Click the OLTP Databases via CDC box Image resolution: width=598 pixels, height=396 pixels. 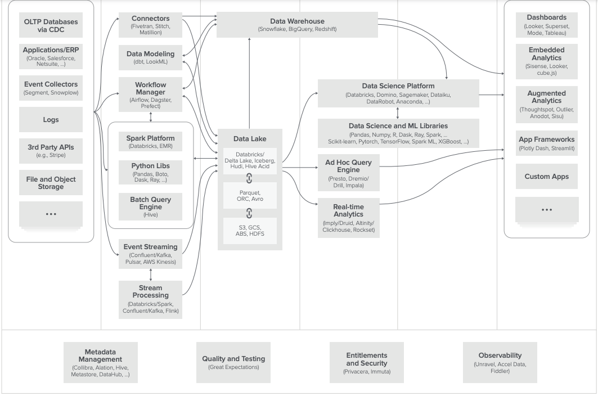coord(51,25)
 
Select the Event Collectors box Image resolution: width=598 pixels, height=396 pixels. coord(51,88)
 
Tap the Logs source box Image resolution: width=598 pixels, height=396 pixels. coord(51,119)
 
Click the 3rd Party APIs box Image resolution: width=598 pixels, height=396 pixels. coord(51,151)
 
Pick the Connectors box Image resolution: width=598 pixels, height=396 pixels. coord(150,25)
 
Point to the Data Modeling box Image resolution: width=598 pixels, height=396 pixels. coord(150,57)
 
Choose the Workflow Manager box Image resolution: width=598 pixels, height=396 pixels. coord(150,94)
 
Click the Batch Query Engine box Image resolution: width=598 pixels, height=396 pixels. coord(150,206)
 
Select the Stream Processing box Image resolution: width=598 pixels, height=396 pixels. coord(150,299)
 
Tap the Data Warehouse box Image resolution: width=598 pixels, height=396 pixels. coord(297,25)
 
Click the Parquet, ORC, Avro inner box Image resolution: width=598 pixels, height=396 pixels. coord(250,196)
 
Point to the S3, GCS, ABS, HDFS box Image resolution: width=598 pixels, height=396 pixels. coord(250,231)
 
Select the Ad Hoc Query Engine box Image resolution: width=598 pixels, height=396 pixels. coord(349,173)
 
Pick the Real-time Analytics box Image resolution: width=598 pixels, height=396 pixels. coord(349,218)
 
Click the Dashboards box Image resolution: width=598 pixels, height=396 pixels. coord(546,25)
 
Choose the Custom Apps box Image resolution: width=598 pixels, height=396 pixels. coord(546,176)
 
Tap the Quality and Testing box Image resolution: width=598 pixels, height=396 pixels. coord(233,362)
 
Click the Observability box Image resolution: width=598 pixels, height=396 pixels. coord(500,362)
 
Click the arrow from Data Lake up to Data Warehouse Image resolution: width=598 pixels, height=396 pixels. coord(249,83)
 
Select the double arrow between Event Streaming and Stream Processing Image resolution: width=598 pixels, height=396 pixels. coord(151,274)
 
